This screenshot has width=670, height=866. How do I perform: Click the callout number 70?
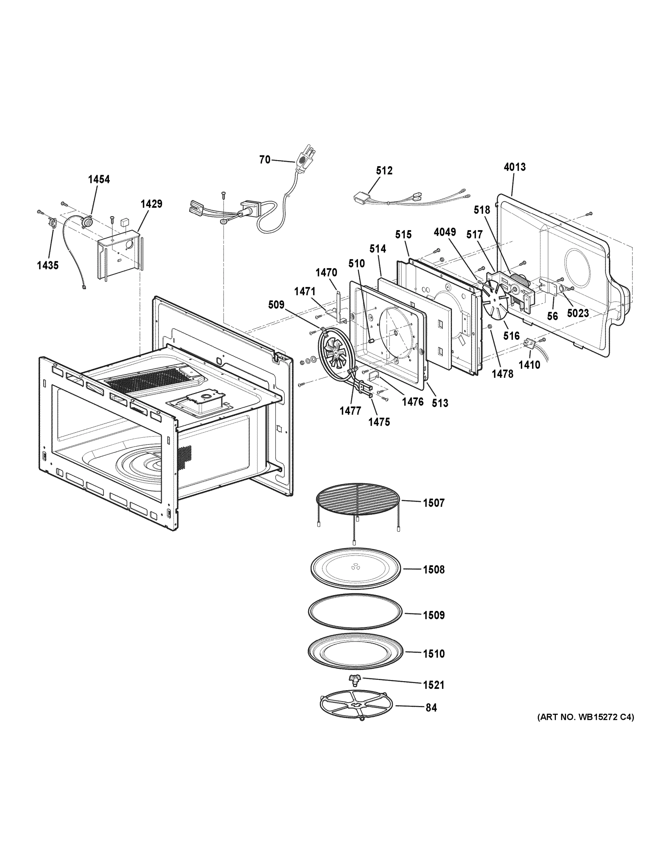(x=264, y=160)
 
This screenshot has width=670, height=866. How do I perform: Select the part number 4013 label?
(x=514, y=167)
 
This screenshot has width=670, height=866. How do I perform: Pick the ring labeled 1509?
(x=356, y=612)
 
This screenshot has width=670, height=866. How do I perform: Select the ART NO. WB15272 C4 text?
(x=585, y=717)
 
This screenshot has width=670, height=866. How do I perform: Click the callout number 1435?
(x=48, y=265)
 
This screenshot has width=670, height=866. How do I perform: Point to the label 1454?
(x=99, y=179)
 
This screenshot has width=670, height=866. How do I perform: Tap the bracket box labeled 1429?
(x=119, y=254)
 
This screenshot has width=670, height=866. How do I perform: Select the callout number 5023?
(x=578, y=313)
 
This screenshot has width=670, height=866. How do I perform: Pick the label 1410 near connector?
(x=529, y=364)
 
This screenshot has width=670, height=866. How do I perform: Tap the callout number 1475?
(x=379, y=422)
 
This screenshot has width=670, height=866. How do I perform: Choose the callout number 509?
(x=276, y=305)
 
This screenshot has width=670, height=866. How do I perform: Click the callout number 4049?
(x=445, y=232)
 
